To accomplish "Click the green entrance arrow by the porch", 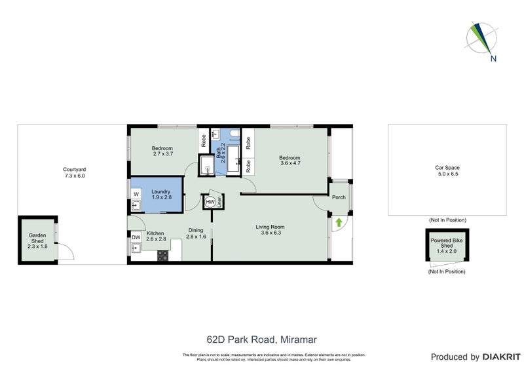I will coord(338,223).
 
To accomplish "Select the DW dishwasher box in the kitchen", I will coord(136,237).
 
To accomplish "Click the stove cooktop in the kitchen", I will coord(162,256).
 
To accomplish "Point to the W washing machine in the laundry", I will coord(136,194).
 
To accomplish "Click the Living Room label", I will coord(270,227).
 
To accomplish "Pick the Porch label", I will coord(339,197).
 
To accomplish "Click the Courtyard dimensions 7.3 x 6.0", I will coord(75,176).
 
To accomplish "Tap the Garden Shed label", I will coord(37,239).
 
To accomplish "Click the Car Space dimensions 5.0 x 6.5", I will coord(447,175).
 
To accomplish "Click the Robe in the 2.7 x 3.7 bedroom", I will coord(204,140).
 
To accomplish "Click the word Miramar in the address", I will coord(300,340).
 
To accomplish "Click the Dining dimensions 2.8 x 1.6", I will coord(196,237).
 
